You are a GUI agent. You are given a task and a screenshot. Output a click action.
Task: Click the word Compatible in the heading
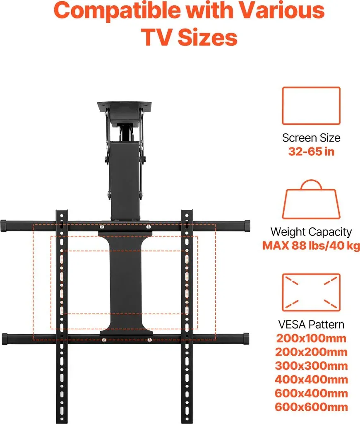coord(117,10)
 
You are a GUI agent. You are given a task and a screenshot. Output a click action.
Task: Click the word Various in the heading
coord(282,10)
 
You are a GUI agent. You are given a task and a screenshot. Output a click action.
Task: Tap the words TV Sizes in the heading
coord(189,37)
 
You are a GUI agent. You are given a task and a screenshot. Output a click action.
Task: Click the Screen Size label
coord(311,138)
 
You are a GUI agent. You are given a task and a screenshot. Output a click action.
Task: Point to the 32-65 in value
coord(311,152)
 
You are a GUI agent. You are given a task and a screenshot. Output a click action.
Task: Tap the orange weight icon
coord(311,199)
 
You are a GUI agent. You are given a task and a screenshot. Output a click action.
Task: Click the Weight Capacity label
coord(311,232)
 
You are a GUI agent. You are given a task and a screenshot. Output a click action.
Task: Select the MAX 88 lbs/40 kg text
coord(311,246)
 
